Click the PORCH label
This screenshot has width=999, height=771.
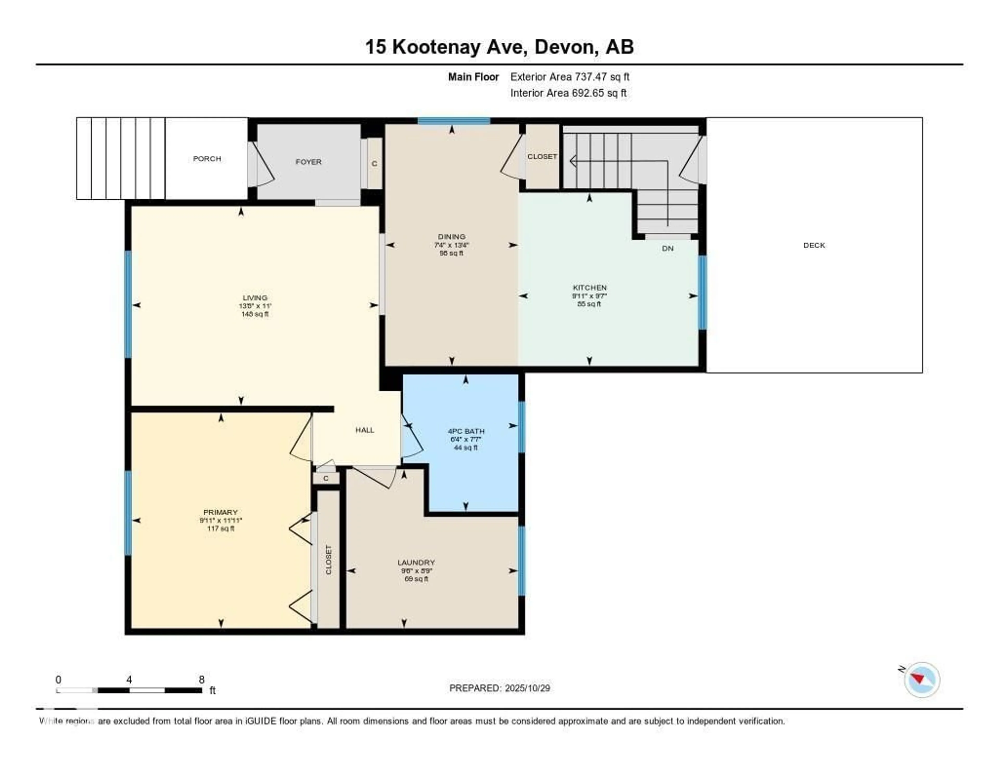tap(207, 159)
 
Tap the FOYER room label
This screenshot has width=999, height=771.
tap(308, 162)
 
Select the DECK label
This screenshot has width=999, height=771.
tap(814, 245)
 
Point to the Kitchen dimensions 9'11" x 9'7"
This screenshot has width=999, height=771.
tap(589, 296)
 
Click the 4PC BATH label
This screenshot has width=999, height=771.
tap(466, 431)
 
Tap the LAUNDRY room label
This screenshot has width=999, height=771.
tap(416, 562)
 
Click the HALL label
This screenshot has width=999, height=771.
tap(364, 430)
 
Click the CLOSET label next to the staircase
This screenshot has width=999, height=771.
tap(542, 156)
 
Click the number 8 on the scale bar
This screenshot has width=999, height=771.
tap(201, 679)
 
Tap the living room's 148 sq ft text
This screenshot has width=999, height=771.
tap(255, 315)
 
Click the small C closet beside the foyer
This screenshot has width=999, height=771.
tap(374, 164)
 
